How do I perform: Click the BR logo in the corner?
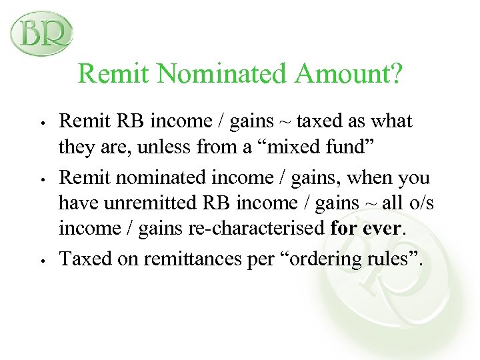pyautogui.click(x=41, y=33)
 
